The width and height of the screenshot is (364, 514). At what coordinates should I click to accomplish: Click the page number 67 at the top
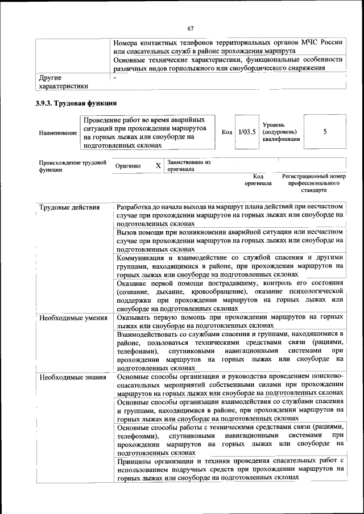191,29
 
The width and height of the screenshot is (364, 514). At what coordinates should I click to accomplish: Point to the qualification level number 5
325,132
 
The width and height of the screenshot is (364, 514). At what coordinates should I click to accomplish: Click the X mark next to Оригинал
158,165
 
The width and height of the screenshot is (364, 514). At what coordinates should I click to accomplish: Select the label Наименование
57,132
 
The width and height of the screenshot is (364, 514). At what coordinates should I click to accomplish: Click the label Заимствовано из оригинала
188,165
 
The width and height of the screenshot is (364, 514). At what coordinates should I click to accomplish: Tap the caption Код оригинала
258,180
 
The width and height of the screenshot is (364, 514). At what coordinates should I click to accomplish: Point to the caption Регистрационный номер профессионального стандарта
314,183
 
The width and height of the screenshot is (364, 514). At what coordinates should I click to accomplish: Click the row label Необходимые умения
73,317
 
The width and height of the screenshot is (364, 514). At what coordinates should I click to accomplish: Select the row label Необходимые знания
71,377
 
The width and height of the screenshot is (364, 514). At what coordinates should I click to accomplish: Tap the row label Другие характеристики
63,82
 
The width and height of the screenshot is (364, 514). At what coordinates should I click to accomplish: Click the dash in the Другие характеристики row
115,77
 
